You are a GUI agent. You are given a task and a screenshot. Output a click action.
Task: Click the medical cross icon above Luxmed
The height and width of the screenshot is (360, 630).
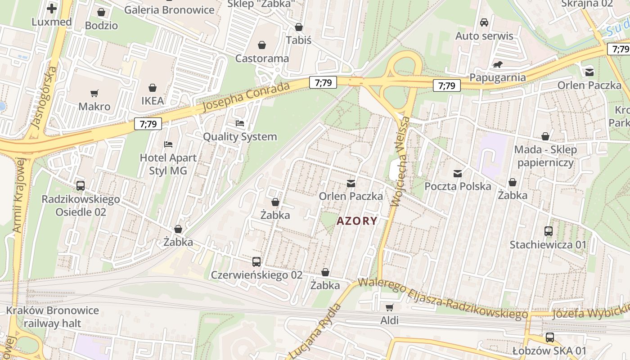pyautogui.click(x=52, y=8)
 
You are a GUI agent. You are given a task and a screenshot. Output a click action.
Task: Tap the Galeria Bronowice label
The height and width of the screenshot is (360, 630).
pyautogui.click(x=169, y=10)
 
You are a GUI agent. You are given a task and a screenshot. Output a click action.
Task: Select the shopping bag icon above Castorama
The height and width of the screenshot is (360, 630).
pyautogui.click(x=262, y=45)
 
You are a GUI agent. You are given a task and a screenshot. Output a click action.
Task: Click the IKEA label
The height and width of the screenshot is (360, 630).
pyautogui.click(x=153, y=101)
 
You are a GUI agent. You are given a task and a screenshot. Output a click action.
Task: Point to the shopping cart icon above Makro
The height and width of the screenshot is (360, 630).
pyautogui.click(x=94, y=94)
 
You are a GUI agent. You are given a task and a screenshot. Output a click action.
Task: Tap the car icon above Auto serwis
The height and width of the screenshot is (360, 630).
pyautogui.click(x=484, y=22)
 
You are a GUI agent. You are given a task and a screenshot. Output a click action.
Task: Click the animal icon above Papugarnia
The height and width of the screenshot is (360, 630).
pyautogui.click(x=497, y=65)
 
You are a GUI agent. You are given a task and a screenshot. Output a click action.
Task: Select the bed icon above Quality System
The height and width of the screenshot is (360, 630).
pyautogui.click(x=240, y=123)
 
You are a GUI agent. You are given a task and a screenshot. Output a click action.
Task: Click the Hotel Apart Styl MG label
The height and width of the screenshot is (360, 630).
pyautogui.click(x=168, y=164)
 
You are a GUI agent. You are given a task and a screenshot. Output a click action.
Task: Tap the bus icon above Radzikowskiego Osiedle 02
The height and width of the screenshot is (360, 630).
pyautogui.click(x=81, y=185)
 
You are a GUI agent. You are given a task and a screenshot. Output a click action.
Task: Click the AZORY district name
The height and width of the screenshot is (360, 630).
pyautogui.click(x=357, y=221)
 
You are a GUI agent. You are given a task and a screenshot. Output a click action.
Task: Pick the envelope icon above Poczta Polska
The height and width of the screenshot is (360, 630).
pyautogui.click(x=458, y=173)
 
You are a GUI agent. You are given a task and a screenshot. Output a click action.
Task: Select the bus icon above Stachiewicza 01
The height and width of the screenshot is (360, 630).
pyautogui.click(x=548, y=231)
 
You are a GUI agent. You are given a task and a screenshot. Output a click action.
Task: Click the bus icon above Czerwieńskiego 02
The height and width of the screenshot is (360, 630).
pyautogui.click(x=256, y=261)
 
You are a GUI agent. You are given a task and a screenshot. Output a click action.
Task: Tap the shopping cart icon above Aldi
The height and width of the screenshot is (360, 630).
pyautogui.click(x=389, y=307)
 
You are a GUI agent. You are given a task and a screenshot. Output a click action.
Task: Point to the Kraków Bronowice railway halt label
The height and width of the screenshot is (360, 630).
pyautogui.click(x=52, y=317)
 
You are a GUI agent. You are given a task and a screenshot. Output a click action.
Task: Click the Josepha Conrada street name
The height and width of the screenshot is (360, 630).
pyautogui.click(x=246, y=97)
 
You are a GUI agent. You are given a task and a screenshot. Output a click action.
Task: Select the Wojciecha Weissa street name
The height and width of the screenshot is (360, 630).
pyautogui.click(x=401, y=161)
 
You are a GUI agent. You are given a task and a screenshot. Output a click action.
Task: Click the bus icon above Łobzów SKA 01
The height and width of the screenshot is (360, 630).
pyautogui.click(x=549, y=337)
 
